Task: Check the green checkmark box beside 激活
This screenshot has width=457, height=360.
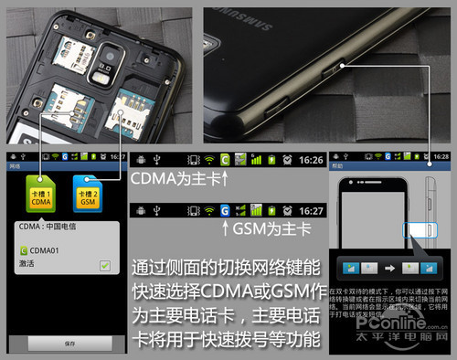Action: point(105,264)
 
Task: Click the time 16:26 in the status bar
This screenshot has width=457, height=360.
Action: point(311,159)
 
